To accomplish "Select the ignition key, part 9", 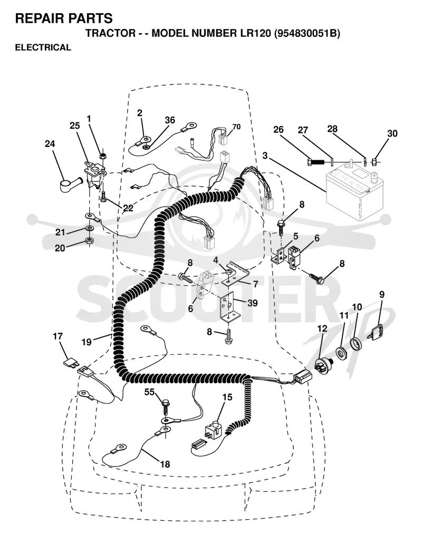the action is (377, 332).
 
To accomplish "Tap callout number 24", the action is (50, 143).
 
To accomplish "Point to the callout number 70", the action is (236, 127).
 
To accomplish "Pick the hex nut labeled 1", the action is (102, 156).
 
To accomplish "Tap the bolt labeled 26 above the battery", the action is (315, 161).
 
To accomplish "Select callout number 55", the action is (150, 392).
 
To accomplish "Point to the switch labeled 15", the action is (214, 429).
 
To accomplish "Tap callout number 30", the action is (392, 133).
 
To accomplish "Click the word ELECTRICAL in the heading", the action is (43, 47).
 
